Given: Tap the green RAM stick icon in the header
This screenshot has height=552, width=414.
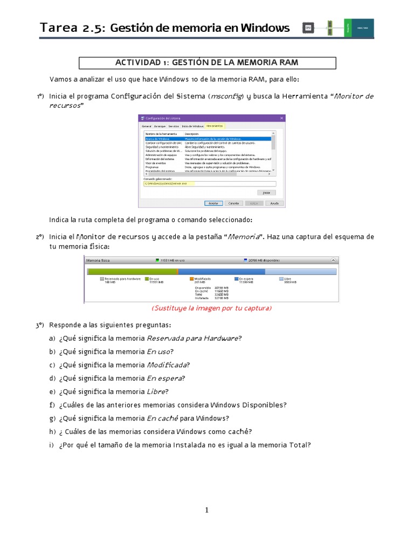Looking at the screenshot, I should click(329, 28).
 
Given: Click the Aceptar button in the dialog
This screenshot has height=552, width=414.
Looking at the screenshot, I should click(213, 203).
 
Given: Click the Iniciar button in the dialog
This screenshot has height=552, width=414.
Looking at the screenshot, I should click(265, 192).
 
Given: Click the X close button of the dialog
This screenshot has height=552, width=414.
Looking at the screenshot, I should click(281, 118).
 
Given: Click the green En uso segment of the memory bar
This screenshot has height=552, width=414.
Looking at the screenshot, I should click(133, 272).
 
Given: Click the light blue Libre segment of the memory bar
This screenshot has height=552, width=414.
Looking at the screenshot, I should click(301, 272).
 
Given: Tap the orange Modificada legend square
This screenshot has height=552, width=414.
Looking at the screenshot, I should click(192, 279).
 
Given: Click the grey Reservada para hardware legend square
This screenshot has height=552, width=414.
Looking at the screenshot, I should click(102, 279).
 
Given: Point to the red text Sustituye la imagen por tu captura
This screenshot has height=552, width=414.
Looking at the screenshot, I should click(211, 308).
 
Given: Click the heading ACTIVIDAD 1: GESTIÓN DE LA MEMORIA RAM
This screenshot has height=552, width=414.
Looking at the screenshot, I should click(207, 63).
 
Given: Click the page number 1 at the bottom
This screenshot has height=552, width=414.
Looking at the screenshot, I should click(206, 510).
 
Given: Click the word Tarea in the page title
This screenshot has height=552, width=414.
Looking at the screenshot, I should click(59, 28).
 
